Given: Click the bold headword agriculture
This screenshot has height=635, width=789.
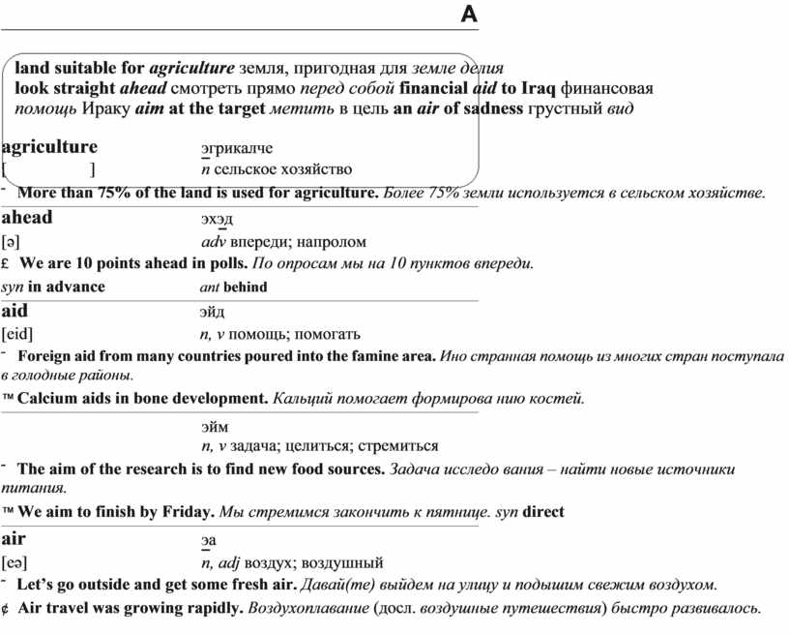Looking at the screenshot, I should tap(49, 147).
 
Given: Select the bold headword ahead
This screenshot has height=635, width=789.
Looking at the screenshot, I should tap(27, 218).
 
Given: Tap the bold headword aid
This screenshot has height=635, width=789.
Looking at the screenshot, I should tap(15, 311).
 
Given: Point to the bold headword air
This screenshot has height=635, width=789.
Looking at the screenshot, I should tap(14, 538).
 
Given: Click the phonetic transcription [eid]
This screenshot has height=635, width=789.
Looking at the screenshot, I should tap(17, 335).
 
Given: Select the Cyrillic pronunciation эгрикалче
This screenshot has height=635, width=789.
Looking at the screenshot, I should tap(237, 148).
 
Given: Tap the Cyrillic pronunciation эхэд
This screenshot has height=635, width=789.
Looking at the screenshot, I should tap(217, 219).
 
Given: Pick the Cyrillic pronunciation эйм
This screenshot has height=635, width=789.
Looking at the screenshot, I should tap(216, 426).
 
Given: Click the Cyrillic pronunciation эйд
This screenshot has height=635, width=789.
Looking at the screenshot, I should tap(213, 312).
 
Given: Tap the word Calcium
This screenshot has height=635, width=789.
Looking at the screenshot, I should tap(49, 398).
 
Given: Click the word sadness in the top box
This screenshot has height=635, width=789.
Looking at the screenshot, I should tap(492, 108).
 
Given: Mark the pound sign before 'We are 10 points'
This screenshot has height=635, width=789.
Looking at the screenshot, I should tap(6, 264).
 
